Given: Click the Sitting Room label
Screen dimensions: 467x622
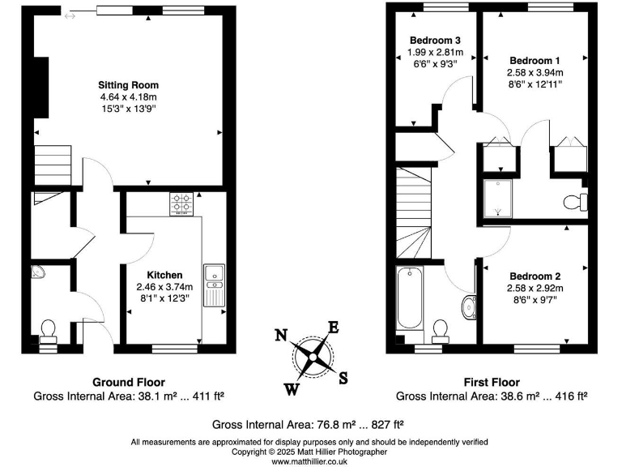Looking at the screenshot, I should (x=128, y=85).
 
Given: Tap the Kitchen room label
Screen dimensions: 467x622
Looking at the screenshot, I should (x=164, y=275).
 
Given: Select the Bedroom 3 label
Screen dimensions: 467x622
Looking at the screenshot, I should (x=435, y=41).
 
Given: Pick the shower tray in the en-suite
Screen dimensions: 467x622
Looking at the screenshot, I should (x=498, y=199).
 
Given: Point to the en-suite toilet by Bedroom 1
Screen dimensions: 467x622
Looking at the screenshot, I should (x=577, y=200).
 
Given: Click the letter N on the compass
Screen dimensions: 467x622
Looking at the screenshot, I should (x=281, y=335).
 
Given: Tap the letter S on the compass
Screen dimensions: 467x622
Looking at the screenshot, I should (x=343, y=376).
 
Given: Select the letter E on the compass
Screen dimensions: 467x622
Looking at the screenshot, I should (x=332, y=328).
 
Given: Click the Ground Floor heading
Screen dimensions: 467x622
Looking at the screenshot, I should (x=128, y=382).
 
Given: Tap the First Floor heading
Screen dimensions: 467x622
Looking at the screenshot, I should (x=492, y=382).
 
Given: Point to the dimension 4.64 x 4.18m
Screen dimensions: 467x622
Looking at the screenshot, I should (x=128, y=97).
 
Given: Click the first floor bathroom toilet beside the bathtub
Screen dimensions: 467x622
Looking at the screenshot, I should (x=441, y=328).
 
